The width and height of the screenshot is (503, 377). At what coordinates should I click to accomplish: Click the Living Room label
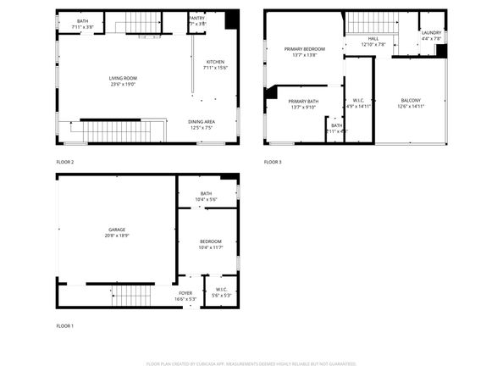[x=123, y=78]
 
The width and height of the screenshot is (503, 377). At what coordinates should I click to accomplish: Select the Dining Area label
[x=202, y=121]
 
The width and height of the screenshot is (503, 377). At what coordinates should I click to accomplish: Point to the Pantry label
[x=196, y=17]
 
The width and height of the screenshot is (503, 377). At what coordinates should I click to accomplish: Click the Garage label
[x=116, y=230]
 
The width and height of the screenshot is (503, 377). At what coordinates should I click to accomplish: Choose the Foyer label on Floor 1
[x=185, y=293]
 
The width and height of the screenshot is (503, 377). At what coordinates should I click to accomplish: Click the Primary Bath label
[x=303, y=101]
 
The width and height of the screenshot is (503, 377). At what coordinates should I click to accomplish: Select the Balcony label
[x=410, y=101]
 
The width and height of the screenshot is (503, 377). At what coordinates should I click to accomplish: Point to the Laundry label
[x=431, y=32]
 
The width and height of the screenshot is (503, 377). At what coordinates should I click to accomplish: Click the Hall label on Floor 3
[x=373, y=38]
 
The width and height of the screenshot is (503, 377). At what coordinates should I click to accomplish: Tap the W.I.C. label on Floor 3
[x=358, y=101]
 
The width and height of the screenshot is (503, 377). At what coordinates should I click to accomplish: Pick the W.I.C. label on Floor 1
[x=221, y=290]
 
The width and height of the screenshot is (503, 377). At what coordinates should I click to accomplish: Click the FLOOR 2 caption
[x=65, y=162]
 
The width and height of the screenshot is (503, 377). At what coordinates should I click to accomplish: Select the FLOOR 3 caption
[x=273, y=162]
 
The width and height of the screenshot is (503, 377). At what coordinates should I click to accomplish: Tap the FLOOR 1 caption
[x=65, y=326]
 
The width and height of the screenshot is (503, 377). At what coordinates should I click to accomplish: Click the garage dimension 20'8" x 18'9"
[x=116, y=236]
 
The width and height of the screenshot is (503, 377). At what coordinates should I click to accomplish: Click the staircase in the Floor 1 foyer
[x=132, y=296]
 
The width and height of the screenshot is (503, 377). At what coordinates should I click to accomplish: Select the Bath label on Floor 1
[x=206, y=193]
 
